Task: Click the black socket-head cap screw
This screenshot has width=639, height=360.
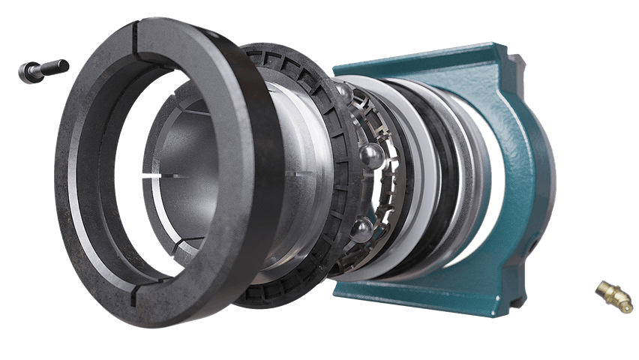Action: [x=43, y=70]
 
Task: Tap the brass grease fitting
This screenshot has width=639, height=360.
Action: [x=614, y=295]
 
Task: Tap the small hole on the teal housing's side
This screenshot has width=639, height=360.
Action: [x=535, y=244]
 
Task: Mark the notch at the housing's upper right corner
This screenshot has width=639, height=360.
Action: [x=514, y=60]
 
